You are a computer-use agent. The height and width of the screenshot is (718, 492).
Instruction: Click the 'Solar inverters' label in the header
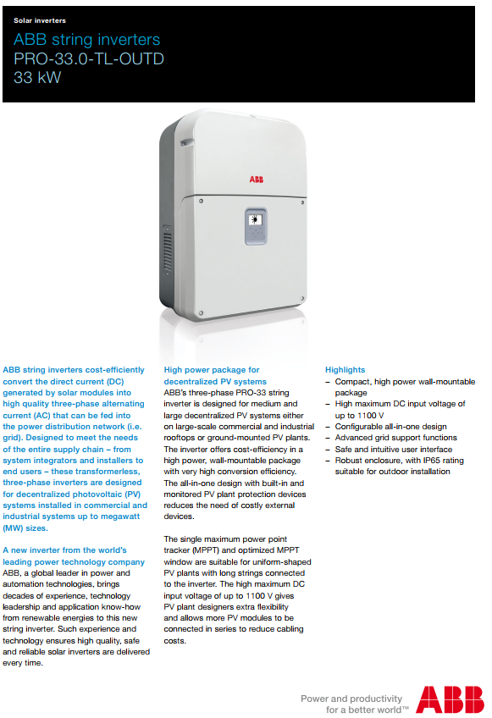coord(40,20)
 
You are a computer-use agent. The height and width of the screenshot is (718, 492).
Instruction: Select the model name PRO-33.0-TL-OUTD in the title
coord(89,58)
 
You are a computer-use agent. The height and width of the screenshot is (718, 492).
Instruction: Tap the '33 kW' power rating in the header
coord(37,78)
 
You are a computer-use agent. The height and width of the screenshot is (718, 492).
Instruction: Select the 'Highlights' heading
coord(346,370)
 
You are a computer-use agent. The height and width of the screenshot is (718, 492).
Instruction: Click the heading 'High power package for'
coord(212,370)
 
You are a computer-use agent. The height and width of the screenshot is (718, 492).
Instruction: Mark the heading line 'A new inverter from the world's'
coord(64,550)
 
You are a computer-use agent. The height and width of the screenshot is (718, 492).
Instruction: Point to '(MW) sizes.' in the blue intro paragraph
coord(25,527)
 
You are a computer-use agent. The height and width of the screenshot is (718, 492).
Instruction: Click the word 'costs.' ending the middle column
coord(175,641)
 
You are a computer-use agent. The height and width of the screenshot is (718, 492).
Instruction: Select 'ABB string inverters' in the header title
coord(86,40)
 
